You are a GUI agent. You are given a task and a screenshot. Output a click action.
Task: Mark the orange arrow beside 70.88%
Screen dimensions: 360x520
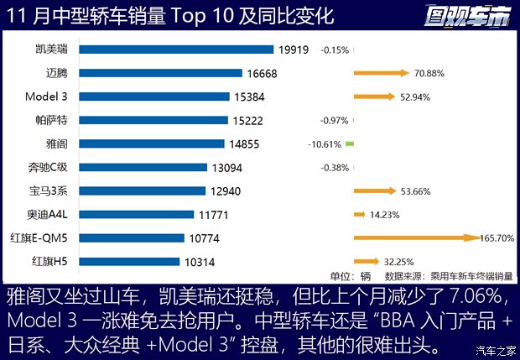pos(381,74)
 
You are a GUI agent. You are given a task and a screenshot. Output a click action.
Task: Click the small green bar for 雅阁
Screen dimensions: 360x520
pos(350,144)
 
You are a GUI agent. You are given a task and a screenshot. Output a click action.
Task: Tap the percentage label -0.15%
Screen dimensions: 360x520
pos(335,50)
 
